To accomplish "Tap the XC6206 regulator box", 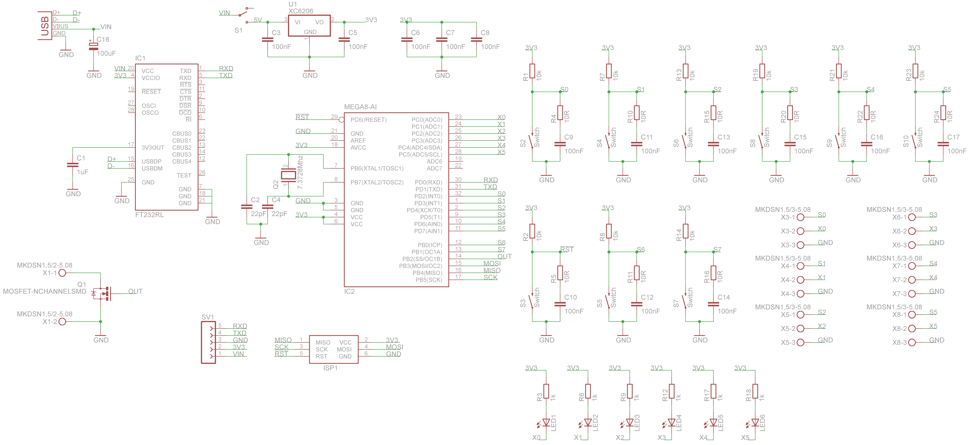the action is (x=309, y=26).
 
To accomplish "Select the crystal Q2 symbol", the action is (x=289, y=175).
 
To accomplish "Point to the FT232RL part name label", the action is (x=149, y=215).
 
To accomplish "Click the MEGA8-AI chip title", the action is (x=360, y=107).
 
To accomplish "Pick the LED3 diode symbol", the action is (x=630, y=423).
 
